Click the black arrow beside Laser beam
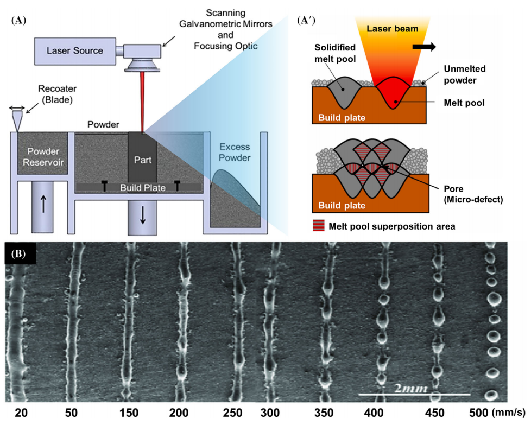(424, 47)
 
